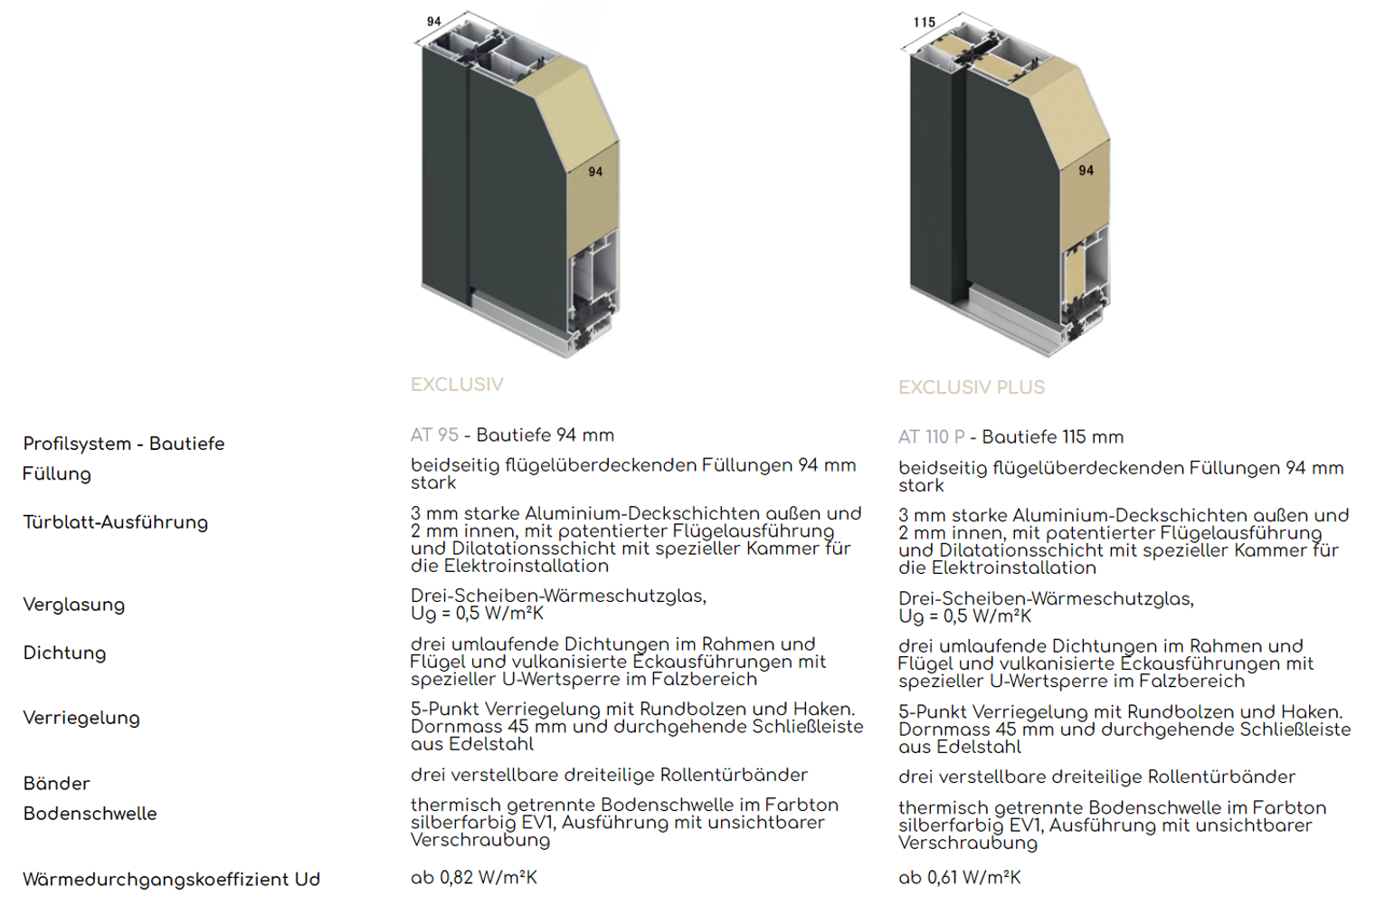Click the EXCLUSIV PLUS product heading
(972, 387)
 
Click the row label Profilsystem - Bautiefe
(124, 444)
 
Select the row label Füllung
(57, 474)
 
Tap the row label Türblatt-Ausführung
(116, 523)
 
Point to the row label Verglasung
(74, 605)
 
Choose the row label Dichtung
(65, 653)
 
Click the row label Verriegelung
(81, 718)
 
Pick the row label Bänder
(57, 783)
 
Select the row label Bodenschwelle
(90, 814)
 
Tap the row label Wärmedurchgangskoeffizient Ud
(172, 879)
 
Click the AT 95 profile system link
(434, 434)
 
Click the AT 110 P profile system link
(931, 437)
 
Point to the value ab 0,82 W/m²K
(474, 877)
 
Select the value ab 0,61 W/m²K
(960, 877)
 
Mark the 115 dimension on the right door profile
(925, 23)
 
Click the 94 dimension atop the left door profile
(434, 22)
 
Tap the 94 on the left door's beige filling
(595, 171)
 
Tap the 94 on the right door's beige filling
(1086, 170)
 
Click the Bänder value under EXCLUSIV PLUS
(1096, 777)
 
